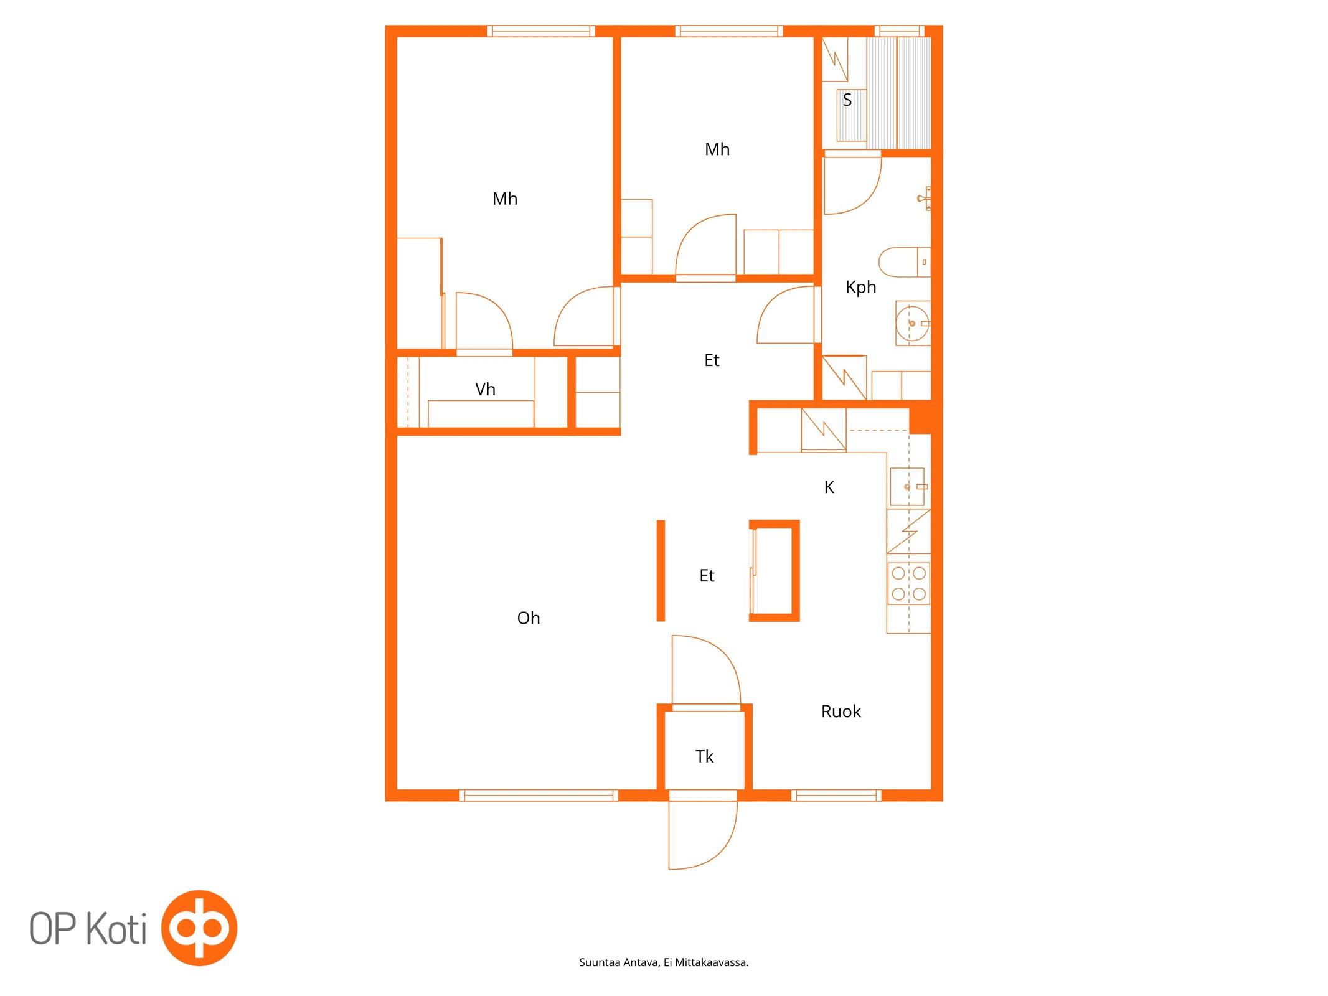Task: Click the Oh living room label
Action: click(x=528, y=618)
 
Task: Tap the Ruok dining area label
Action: click(x=841, y=712)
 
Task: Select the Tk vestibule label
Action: click(x=704, y=756)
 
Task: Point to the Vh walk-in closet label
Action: click(x=485, y=390)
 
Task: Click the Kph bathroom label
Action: click(x=860, y=287)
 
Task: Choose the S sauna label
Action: click(x=847, y=100)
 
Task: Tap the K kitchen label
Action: click(x=829, y=487)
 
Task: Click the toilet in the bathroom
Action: click(x=905, y=262)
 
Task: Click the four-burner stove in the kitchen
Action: click(x=908, y=583)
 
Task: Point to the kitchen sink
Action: click(x=908, y=487)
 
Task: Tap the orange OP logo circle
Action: click(x=199, y=928)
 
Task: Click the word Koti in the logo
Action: click(x=116, y=928)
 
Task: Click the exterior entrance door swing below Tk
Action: click(x=703, y=835)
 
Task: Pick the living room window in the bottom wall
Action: click(x=539, y=795)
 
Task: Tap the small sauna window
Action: click(x=899, y=31)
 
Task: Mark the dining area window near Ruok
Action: click(x=836, y=795)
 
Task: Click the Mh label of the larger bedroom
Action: click(x=505, y=199)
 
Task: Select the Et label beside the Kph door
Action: click(x=712, y=360)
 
